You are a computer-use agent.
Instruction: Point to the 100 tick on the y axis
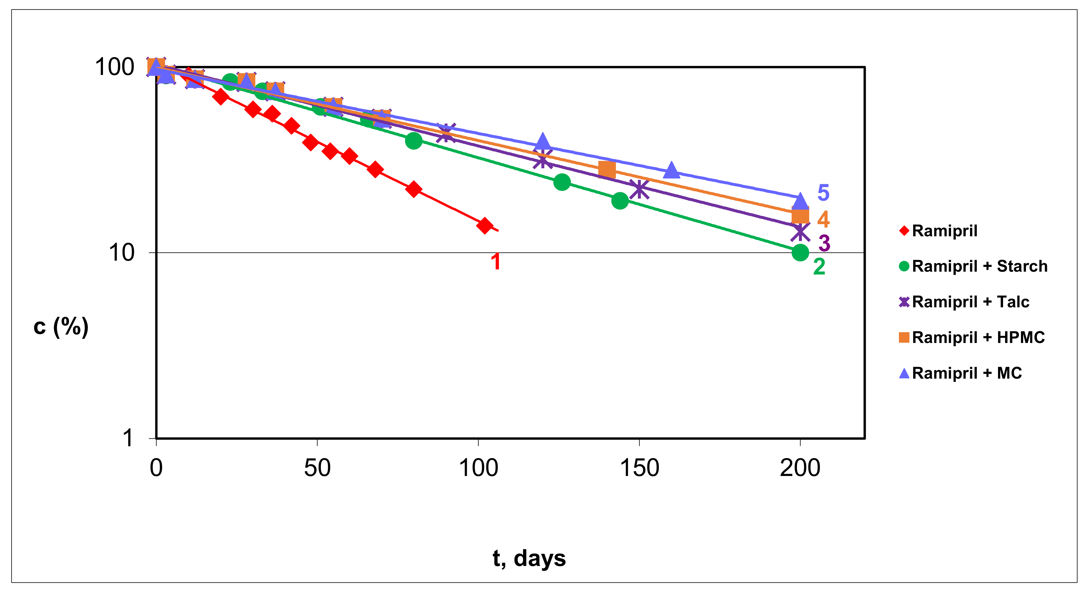(x=114, y=67)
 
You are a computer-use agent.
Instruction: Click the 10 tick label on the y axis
(x=121, y=253)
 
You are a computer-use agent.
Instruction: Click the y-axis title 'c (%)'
(x=61, y=326)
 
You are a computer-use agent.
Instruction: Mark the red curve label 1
(x=496, y=261)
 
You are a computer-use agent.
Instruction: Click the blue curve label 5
(x=823, y=192)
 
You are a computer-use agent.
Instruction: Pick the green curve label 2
(x=819, y=267)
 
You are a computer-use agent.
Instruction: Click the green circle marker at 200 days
(x=800, y=252)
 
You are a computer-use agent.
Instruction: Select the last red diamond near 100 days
(x=485, y=226)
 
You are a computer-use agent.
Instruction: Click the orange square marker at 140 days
(x=607, y=169)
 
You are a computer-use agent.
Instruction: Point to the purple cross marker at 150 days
(x=639, y=189)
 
